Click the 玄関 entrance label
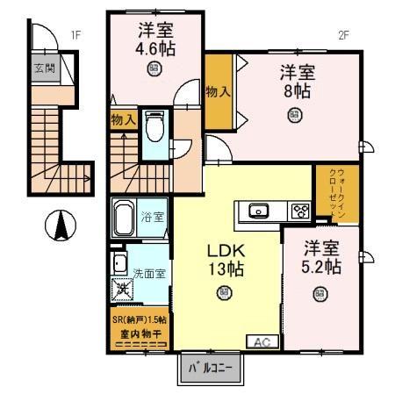click(44, 68)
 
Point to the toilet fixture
click(154, 127)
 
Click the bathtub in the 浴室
click(124, 217)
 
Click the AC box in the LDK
click(261, 341)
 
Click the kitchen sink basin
click(259, 211)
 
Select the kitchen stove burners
click(299, 211)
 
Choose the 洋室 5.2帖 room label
click(323, 258)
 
